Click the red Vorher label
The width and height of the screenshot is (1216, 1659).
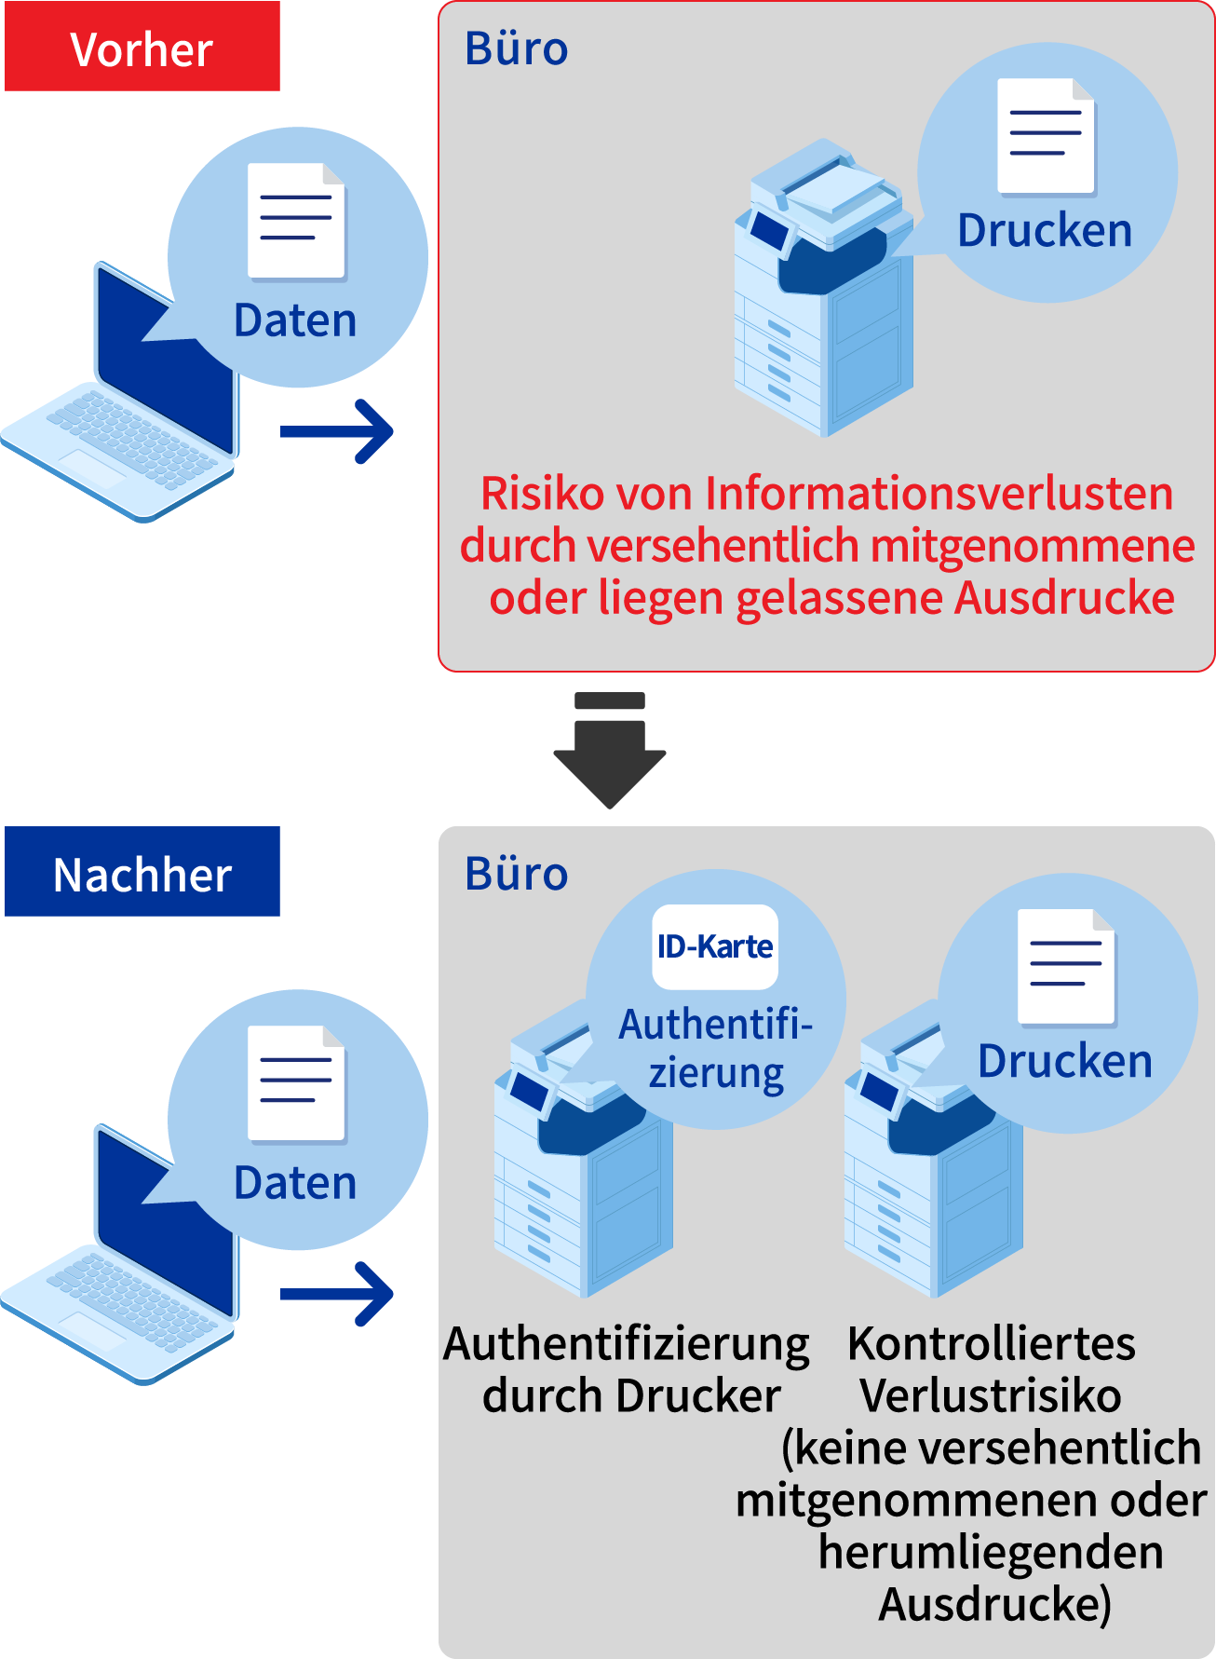[142, 48]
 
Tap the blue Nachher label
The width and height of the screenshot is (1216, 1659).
[142, 873]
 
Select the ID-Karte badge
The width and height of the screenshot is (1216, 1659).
[714, 946]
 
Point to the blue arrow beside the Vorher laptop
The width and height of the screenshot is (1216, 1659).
[338, 431]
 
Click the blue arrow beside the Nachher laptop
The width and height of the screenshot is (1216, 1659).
[338, 1294]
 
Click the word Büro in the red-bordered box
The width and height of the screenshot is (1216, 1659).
[516, 48]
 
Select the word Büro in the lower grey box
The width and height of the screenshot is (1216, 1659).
[516, 874]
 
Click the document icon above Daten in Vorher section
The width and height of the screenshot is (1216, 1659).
[297, 222]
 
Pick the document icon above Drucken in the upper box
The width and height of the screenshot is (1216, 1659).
[1046, 136]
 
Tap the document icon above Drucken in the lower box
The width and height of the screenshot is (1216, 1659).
[1066, 967]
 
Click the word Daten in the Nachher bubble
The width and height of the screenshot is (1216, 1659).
[295, 1183]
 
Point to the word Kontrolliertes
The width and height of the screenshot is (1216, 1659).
[992, 1343]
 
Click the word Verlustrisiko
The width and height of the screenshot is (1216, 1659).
[991, 1395]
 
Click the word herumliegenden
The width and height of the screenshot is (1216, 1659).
[991, 1552]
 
